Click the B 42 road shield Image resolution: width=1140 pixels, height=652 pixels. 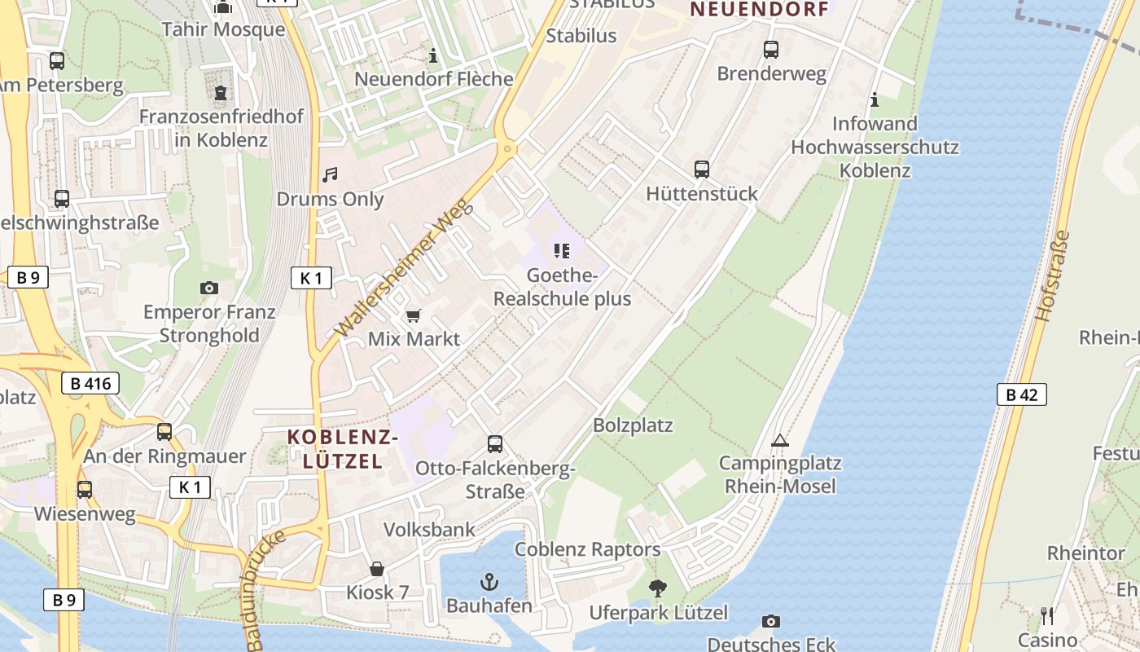[1021, 395]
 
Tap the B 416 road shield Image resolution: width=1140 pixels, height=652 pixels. [90, 383]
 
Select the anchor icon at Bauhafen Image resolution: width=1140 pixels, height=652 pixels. [489, 582]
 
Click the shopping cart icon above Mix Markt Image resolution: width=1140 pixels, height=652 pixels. [414, 315]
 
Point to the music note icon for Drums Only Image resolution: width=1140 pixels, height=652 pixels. [330, 175]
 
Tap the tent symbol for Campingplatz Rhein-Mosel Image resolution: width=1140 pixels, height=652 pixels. [779, 441]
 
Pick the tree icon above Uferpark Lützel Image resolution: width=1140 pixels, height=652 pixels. [657, 588]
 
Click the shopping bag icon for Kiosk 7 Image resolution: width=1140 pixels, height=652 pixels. [377, 569]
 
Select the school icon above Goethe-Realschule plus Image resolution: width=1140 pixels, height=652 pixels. [562, 251]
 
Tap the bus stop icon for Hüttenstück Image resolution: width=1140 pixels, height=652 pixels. [702, 170]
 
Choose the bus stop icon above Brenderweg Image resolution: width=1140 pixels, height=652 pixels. [771, 50]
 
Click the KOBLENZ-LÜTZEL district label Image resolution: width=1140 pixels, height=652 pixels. [342, 449]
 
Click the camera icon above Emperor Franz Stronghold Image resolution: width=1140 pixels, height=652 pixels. [209, 288]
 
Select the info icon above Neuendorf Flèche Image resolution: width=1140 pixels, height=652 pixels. [433, 56]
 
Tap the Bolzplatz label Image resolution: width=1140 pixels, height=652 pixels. [633, 425]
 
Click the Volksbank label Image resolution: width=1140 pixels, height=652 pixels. [429, 530]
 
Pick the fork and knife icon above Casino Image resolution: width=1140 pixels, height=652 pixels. [1047, 615]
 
